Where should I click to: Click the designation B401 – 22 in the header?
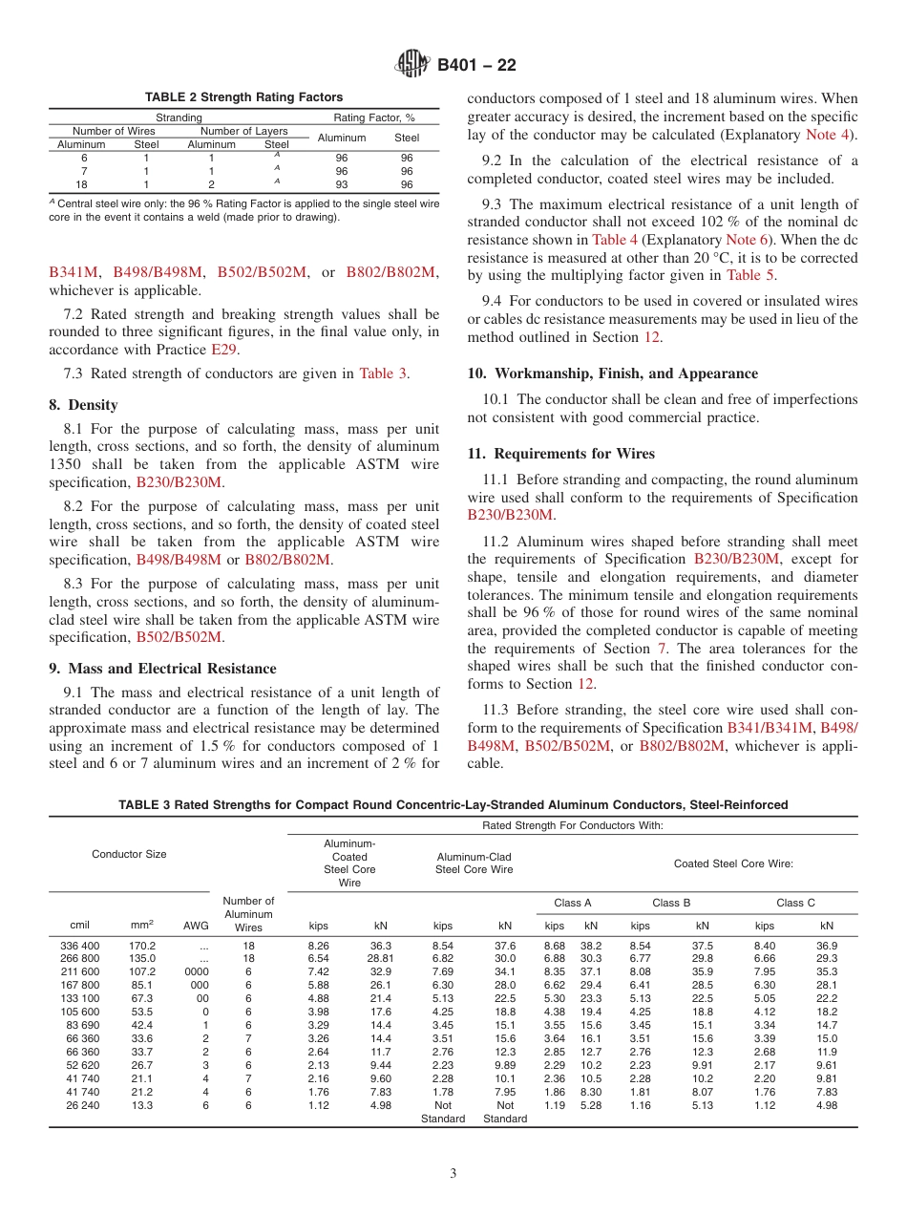pyautogui.click(x=476, y=65)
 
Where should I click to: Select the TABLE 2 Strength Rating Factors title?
pyautogui.click(x=243, y=97)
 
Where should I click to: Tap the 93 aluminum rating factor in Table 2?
pyautogui.click(x=341, y=184)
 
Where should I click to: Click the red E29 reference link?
pyautogui.click(x=222, y=349)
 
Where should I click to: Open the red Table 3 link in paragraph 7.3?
pyautogui.click(x=383, y=373)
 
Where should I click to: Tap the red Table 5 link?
pyautogui.click(x=749, y=275)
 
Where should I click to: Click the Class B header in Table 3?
pyautogui.click(x=671, y=903)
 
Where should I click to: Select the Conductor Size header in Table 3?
pyautogui.click(x=129, y=854)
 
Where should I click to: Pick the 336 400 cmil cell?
pyautogui.click(x=79, y=946)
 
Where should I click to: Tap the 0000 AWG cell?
pyautogui.click(x=201, y=971)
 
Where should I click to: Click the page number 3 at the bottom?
pyautogui.click(x=453, y=1174)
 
